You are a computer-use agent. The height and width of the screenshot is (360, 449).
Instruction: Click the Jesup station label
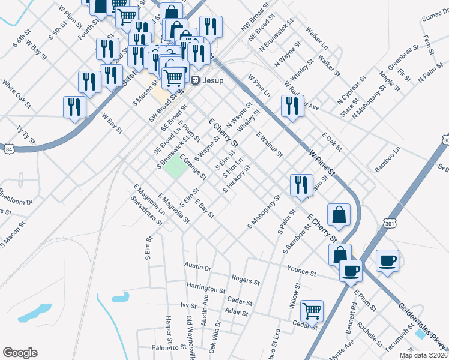[x=212, y=80]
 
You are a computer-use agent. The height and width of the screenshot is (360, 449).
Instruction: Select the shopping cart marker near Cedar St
[x=312, y=311]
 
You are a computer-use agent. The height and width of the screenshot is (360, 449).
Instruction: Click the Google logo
[x=20, y=353]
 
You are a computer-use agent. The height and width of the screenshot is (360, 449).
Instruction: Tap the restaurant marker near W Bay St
[x=74, y=107]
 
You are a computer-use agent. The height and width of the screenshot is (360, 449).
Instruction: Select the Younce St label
[x=301, y=271]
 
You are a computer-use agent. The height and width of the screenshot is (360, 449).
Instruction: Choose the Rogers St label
[x=245, y=280]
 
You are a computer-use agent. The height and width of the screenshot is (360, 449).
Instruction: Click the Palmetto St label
[x=169, y=347]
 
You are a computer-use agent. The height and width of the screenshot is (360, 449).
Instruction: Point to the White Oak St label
[x=17, y=91]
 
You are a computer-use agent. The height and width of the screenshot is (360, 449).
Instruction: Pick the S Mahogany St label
[x=264, y=211]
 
